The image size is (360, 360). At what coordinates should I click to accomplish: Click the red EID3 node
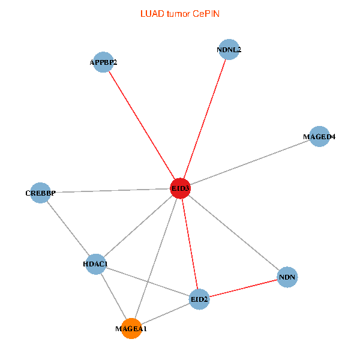(180, 188)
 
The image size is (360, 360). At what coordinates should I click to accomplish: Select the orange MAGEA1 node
(131, 328)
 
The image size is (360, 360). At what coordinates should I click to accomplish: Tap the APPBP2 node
(103, 62)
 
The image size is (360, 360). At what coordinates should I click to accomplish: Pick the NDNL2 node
(229, 50)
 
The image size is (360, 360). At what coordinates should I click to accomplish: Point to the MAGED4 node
(319, 136)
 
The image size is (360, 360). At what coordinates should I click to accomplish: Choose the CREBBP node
(40, 193)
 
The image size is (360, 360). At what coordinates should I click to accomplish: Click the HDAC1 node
(96, 264)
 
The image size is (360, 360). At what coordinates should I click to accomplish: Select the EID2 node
(199, 299)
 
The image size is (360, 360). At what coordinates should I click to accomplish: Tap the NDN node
(287, 277)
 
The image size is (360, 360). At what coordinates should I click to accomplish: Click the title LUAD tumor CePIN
(180, 14)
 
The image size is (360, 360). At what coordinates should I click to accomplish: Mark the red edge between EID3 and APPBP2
(142, 125)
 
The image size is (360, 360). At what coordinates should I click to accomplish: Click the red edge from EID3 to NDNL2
(205, 119)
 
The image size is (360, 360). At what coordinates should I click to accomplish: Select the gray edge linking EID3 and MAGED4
(250, 163)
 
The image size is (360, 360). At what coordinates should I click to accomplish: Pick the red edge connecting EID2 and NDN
(244, 288)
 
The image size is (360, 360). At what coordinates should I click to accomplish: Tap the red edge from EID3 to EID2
(190, 244)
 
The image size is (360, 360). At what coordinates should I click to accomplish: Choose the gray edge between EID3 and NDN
(234, 233)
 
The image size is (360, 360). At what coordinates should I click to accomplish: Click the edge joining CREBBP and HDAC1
(68, 229)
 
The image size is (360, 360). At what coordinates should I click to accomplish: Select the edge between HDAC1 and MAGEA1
(113, 296)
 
